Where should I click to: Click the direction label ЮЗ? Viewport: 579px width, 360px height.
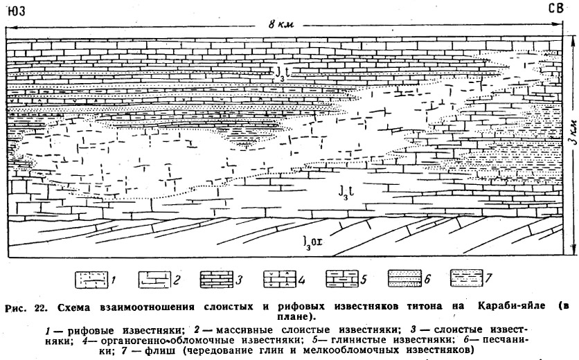[16, 10]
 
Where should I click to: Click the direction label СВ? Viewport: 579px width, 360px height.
[555, 8]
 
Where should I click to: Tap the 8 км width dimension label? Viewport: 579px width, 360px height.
[281, 24]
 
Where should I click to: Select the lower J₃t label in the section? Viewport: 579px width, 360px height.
[347, 191]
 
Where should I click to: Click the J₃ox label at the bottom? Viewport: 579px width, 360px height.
[312, 242]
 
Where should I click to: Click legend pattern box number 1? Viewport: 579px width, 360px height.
[91, 280]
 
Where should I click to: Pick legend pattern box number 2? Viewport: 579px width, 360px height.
[154, 280]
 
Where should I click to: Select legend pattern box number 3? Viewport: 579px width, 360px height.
[217, 280]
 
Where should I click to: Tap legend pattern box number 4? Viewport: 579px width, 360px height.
[280, 280]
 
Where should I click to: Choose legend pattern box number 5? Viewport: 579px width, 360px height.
[342, 279]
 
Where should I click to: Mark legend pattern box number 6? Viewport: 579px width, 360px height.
[404, 278]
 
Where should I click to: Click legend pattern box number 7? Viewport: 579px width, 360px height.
[467, 278]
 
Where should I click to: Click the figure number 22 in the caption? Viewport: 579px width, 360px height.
[40, 307]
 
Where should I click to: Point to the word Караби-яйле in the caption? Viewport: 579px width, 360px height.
[511, 307]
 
